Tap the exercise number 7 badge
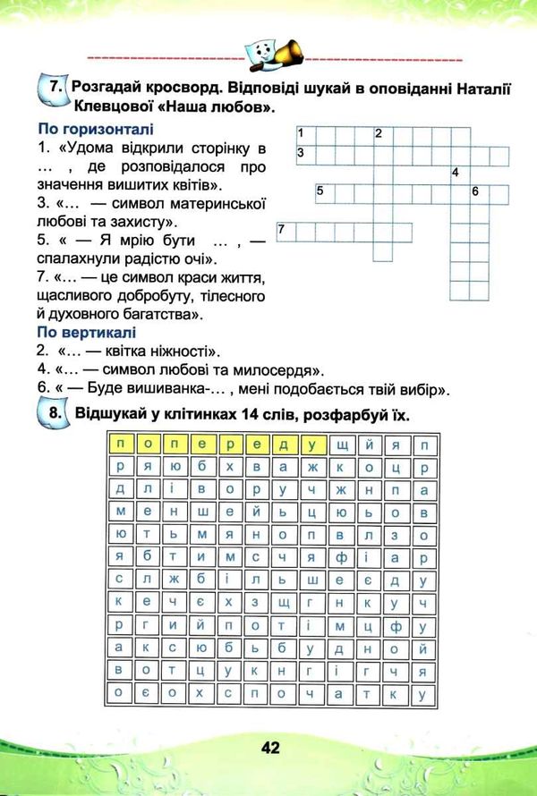(x=54, y=89)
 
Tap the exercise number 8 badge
(x=54, y=415)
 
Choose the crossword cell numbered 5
(x=324, y=192)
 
